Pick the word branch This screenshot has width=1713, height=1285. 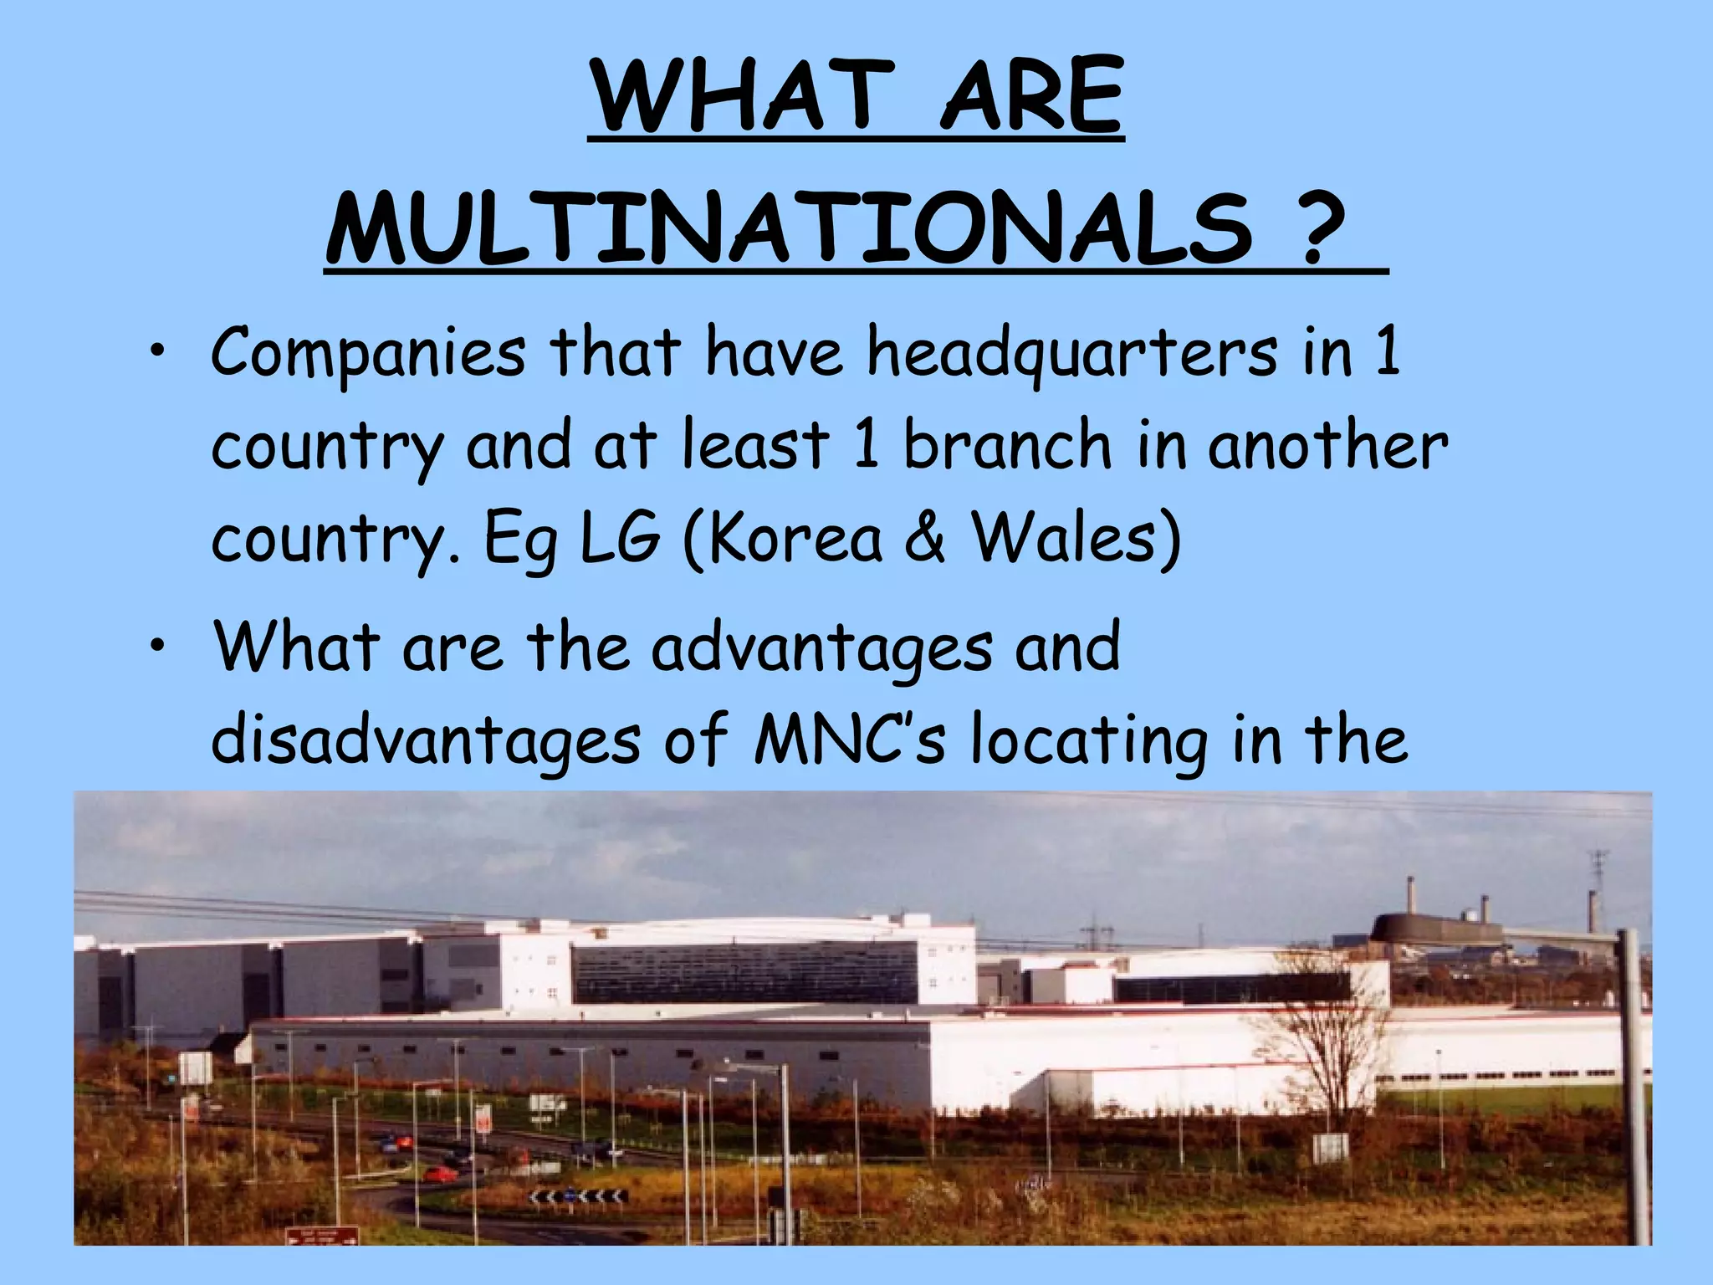coord(1008,445)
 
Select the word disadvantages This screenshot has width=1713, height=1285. coord(425,741)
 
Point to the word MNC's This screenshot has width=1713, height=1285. coord(849,740)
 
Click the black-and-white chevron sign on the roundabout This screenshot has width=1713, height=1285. coord(577,1198)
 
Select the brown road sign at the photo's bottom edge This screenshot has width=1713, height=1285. coord(322,1235)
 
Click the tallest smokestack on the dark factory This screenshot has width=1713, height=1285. coord(1411,895)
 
